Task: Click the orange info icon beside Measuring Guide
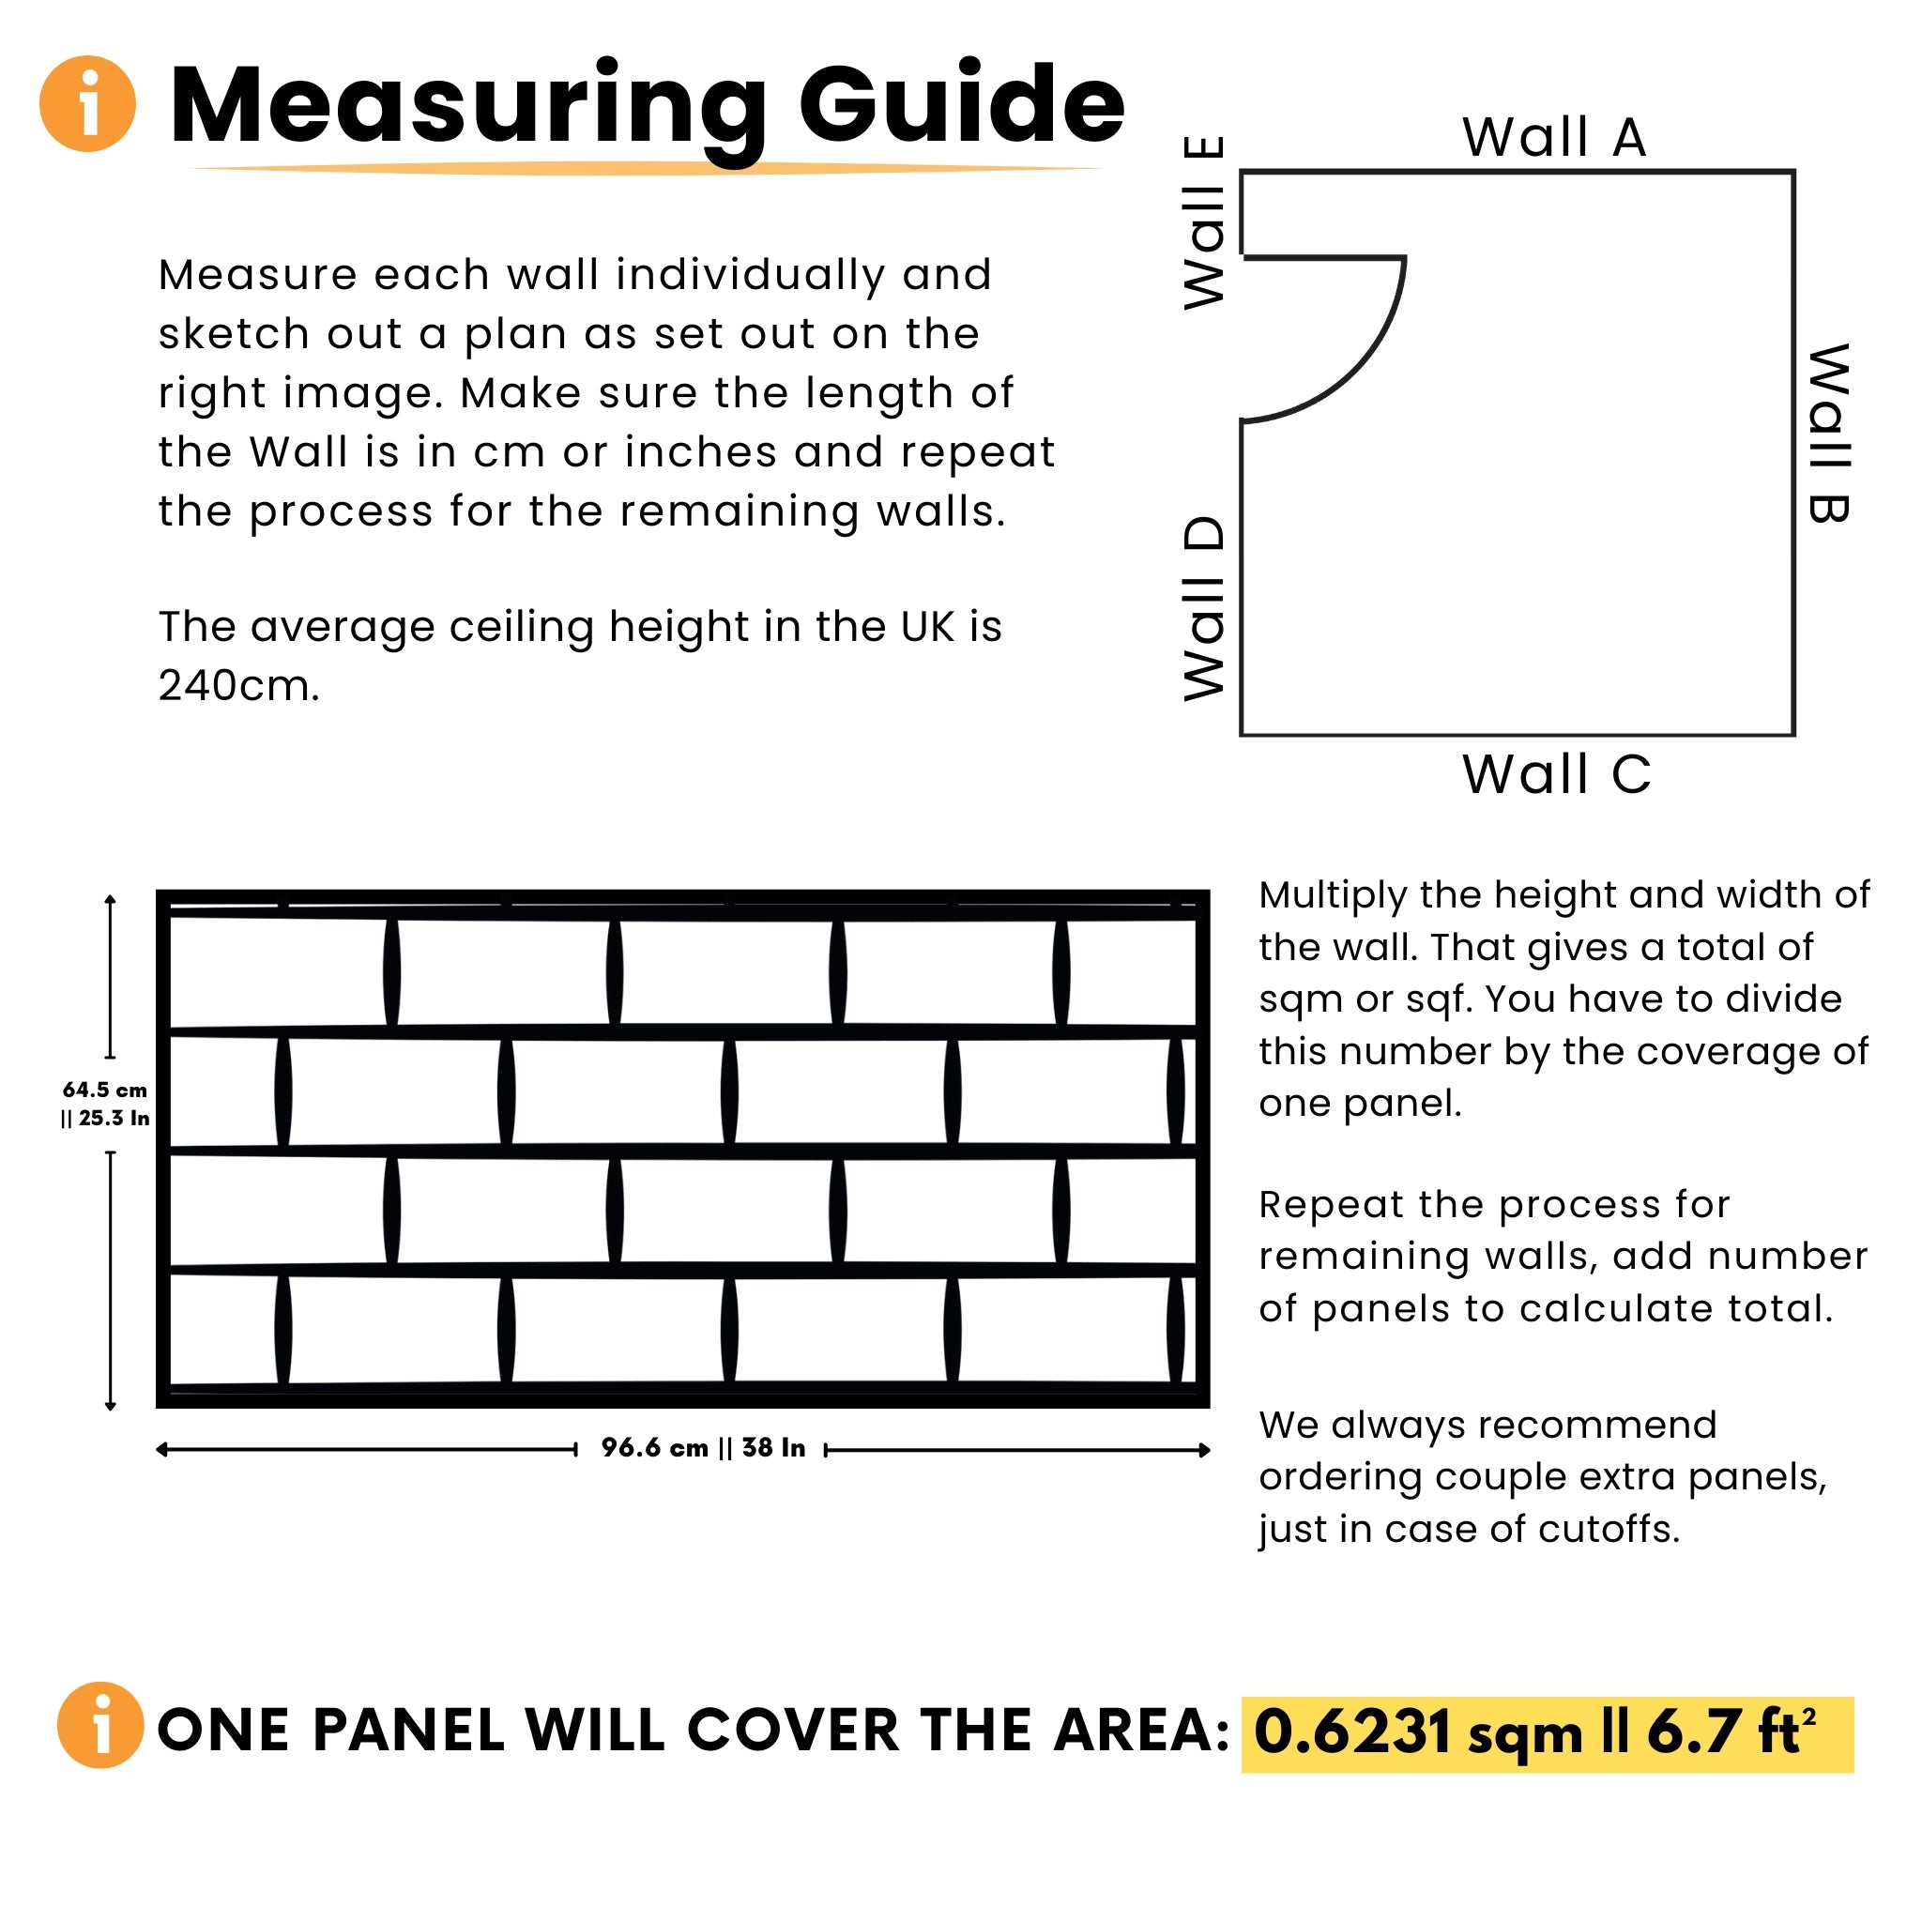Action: coord(87,103)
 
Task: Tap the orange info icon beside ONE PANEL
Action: coord(100,1725)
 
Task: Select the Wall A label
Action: coord(1554,137)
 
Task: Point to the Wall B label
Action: coord(1828,434)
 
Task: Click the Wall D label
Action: coord(1205,609)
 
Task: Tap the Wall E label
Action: coord(1205,222)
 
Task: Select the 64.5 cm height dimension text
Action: coord(104,1091)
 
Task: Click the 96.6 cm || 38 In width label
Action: coord(702,1447)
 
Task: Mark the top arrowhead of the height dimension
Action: coord(111,899)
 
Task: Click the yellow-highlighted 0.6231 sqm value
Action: coord(1416,1732)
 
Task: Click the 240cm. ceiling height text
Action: coord(238,685)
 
